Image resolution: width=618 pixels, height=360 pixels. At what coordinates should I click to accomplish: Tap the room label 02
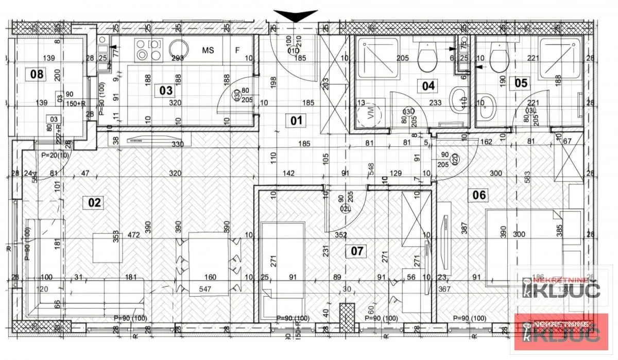tap(95, 202)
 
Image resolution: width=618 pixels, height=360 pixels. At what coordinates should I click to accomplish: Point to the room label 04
tap(428, 85)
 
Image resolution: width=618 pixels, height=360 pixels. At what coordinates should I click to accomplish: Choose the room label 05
tap(521, 82)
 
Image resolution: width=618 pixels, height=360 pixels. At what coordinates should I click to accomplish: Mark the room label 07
tap(357, 251)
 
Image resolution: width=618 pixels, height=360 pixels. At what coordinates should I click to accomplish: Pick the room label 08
tap(37, 74)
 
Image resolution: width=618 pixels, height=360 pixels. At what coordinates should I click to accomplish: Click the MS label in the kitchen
tap(208, 50)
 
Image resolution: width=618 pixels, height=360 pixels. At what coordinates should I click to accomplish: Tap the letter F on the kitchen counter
tap(237, 50)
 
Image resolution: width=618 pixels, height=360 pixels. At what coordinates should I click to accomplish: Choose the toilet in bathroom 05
tap(498, 58)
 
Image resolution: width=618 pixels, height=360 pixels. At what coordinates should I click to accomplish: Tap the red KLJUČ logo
tap(558, 330)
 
